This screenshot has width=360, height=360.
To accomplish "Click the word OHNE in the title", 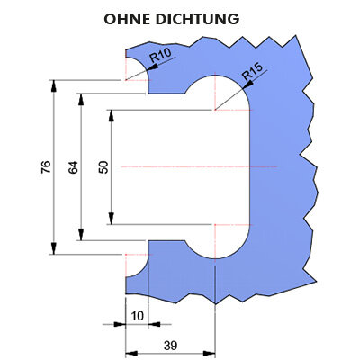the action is pos(127,19).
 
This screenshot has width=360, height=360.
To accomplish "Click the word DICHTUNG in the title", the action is pos(198,19).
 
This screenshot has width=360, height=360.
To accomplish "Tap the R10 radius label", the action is pos(160,55).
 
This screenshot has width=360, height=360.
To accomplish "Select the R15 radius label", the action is pos(252,72).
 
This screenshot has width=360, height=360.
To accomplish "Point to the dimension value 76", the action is pos(47,167).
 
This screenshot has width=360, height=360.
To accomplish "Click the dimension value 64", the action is pos(73,167).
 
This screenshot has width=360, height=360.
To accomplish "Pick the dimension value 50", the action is pos(103,167).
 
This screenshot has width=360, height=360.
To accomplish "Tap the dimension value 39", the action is pos(170,346).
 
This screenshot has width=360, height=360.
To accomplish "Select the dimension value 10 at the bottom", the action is pos(138,316).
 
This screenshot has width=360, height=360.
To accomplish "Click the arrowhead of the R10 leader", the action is pos(152,67).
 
